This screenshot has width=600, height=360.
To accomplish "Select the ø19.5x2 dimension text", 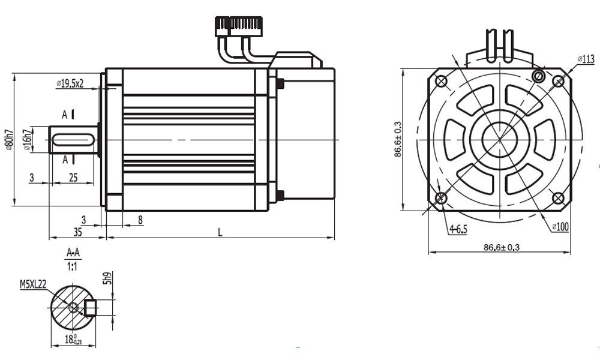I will [x=70, y=83].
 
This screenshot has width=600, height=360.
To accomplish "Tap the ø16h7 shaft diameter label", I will [x=26, y=140].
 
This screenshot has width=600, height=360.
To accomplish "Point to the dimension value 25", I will [x=73, y=177].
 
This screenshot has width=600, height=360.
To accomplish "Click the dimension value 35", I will [x=77, y=231].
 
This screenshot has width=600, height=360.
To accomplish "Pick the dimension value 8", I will [x=140, y=220].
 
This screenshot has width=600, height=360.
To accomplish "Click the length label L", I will [x=220, y=232].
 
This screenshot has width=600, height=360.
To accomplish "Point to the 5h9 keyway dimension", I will [x=107, y=278].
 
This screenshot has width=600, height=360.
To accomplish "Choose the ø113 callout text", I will [x=586, y=59].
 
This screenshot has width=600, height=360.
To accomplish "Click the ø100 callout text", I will [x=561, y=226].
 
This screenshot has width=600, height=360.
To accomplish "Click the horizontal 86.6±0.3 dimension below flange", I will [x=502, y=247].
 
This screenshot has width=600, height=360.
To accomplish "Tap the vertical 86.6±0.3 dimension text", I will [x=398, y=139].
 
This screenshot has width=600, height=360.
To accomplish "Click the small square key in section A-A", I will [x=91, y=308].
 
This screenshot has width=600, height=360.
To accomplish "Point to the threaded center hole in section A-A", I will [x=73, y=307].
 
